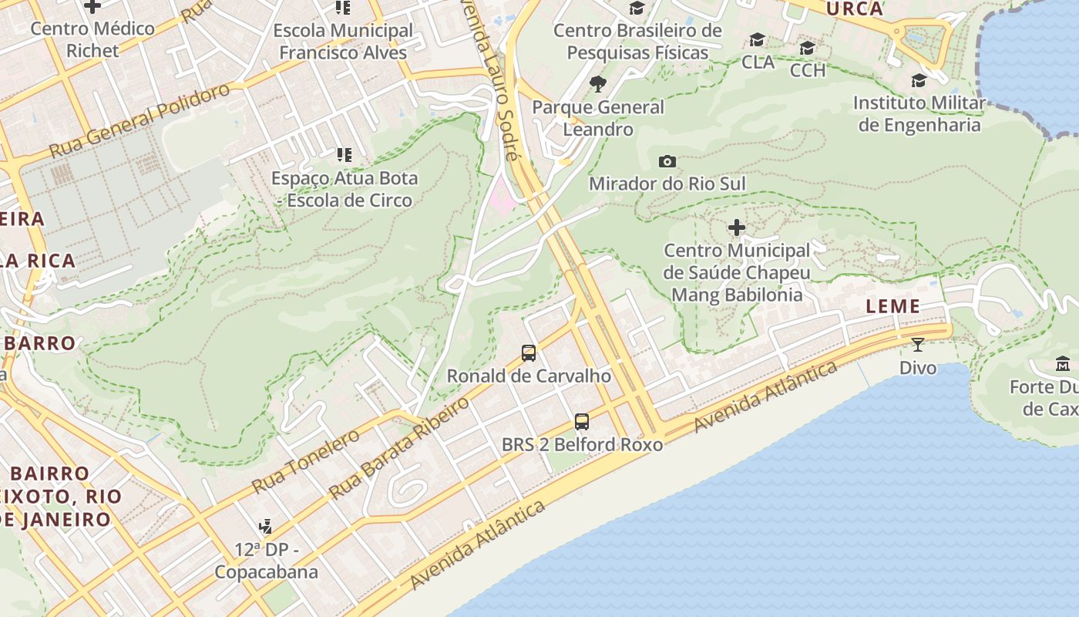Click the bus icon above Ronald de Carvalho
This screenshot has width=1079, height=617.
[529, 353]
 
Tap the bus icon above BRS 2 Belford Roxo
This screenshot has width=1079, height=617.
[582, 422]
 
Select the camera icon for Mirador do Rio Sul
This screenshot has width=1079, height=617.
[667, 161]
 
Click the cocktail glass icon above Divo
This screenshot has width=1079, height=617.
[917, 344]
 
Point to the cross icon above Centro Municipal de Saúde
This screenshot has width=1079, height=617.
[737, 228]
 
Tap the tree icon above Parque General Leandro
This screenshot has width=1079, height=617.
[597, 84]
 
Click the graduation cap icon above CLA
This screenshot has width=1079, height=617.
[758, 40]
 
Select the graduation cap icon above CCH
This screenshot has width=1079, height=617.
[807, 49]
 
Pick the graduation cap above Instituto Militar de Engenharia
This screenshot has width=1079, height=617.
[919, 80]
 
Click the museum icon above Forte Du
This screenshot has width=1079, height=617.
[1063, 363]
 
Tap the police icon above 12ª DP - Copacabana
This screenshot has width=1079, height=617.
[266, 527]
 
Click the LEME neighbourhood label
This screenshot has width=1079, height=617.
[892, 306]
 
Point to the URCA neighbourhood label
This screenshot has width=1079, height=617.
[854, 9]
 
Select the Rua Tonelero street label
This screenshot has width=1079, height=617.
[306, 461]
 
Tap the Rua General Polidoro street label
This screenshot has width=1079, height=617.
[139, 120]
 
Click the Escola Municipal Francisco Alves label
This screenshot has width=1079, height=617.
[343, 42]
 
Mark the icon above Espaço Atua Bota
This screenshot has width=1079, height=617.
[344, 155]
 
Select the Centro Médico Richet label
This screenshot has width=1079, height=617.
[92, 39]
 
